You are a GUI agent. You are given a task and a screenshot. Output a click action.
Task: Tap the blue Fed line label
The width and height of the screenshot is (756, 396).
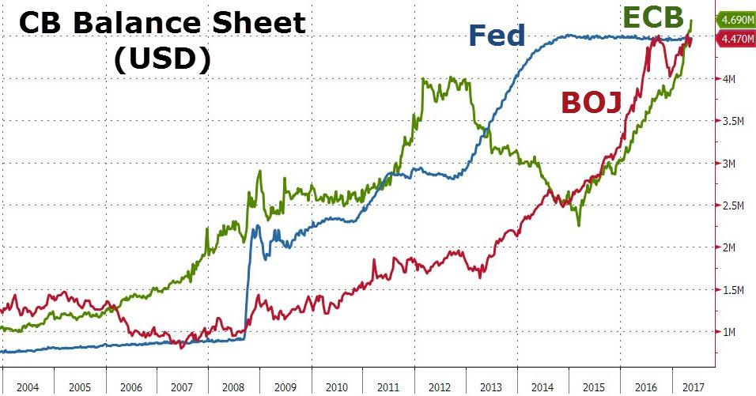click(497, 36)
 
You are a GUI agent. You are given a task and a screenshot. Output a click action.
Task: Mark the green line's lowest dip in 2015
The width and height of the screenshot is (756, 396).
click(578, 225)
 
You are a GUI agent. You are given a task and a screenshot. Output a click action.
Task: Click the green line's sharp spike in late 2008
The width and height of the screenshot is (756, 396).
click(259, 172)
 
